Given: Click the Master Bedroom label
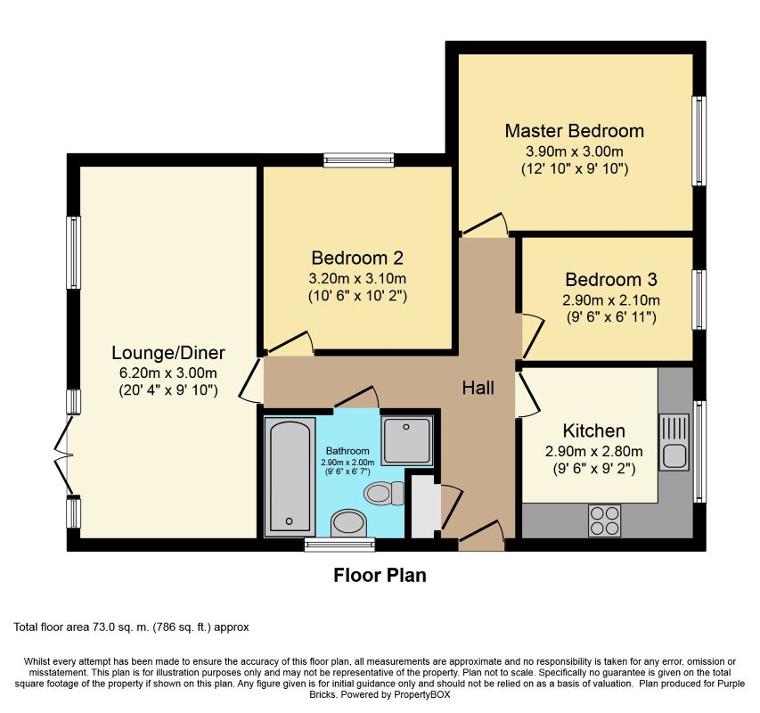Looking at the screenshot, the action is tap(575, 131).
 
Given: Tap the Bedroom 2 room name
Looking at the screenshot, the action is tap(357, 258).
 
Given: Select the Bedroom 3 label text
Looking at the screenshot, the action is tap(611, 280).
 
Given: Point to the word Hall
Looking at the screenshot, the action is tap(478, 388).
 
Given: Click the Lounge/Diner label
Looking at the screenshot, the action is tap(168, 353).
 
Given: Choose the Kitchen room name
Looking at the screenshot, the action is tap(593, 430).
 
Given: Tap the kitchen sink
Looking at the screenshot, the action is tap(674, 442).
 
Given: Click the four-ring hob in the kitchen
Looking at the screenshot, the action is tap(604, 521).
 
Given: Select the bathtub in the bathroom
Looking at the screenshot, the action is tap(290, 477).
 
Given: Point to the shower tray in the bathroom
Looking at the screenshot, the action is tap(406, 440).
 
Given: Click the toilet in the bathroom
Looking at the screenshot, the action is tap(384, 494).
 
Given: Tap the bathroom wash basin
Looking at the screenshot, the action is tap(348, 523).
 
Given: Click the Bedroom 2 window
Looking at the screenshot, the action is tap(359, 160).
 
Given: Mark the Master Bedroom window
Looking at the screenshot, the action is tap(699, 141).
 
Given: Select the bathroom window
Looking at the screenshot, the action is tap(339, 545).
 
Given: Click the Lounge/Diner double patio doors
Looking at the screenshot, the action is tap(64, 455).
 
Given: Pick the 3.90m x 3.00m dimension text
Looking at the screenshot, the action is tap(575, 152).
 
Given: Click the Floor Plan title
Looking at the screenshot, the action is tap(380, 576).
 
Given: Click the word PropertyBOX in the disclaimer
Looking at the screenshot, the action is tap(421, 694).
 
